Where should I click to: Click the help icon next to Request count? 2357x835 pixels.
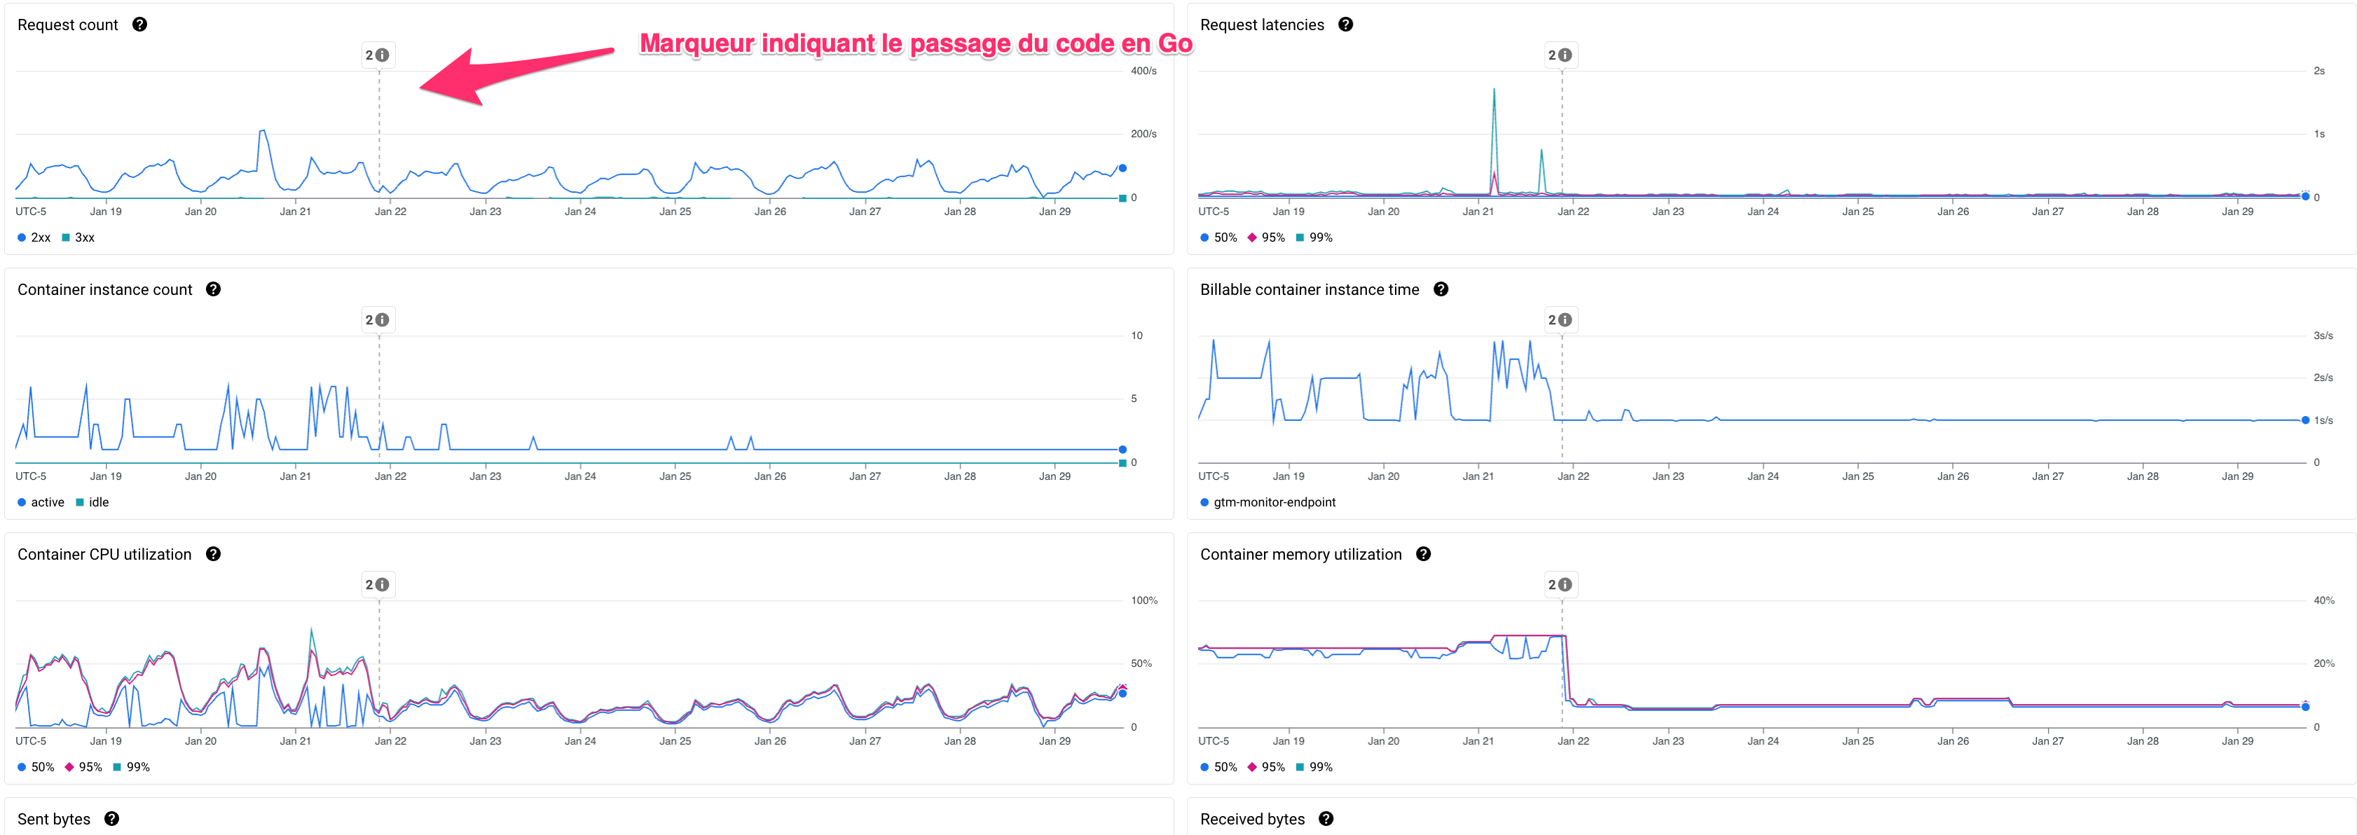(x=139, y=25)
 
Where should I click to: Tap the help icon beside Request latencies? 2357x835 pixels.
(x=1345, y=25)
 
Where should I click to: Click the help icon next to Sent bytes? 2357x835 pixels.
(x=111, y=818)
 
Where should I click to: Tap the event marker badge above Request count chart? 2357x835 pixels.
(x=377, y=55)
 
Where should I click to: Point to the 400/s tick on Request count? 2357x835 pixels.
(x=1143, y=71)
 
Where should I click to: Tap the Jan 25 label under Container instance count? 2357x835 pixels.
(x=675, y=476)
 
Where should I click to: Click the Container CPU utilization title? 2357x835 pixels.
(x=104, y=554)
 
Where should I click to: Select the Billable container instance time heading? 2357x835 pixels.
(x=1310, y=290)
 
